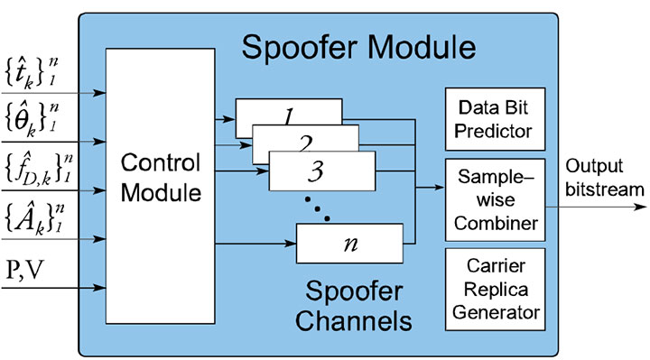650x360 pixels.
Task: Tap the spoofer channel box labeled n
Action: [x=348, y=242]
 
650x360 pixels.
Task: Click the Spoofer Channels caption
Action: [x=357, y=306]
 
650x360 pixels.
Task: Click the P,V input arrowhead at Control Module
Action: [x=102, y=290]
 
